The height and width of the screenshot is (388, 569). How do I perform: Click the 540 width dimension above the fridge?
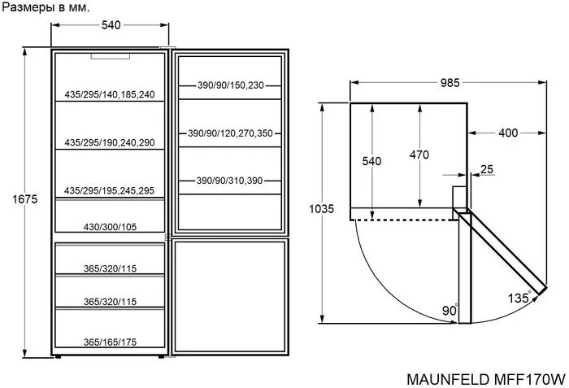pyautogui.click(x=111, y=25)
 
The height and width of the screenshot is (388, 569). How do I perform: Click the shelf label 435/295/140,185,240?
pyautogui.click(x=110, y=94)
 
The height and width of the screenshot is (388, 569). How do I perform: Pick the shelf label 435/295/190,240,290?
pyautogui.click(x=110, y=142)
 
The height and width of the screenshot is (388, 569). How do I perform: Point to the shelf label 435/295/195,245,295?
pyautogui.click(x=110, y=190)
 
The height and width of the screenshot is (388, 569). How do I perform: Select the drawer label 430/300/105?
pyautogui.click(x=110, y=227)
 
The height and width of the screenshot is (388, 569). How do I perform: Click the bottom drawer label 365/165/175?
pyautogui.click(x=110, y=342)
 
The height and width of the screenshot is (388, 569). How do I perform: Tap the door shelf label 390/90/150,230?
pyautogui.click(x=231, y=85)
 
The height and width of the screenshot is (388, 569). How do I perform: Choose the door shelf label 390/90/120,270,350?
pyautogui.click(x=231, y=133)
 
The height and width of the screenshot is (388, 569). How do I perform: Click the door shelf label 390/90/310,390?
pyautogui.click(x=231, y=181)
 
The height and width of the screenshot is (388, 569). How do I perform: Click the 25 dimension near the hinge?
pyautogui.click(x=486, y=169)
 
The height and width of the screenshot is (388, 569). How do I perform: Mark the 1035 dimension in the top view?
pyautogui.click(x=322, y=209)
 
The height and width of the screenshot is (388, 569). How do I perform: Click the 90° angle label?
pyautogui.click(x=450, y=312)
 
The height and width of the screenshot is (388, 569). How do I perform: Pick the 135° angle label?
pyautogui.click(x=519, y=297)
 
